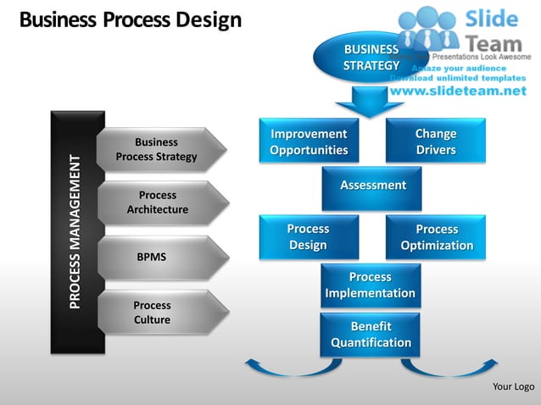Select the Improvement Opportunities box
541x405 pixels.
pos(309,141)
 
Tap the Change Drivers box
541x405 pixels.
pos(435,141)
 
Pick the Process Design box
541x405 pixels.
pos(309,236)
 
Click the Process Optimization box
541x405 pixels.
pos(436,236)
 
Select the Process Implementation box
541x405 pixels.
pos(370,285)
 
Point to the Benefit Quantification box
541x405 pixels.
pos(370,334)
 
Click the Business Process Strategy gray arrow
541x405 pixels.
pos(161,150)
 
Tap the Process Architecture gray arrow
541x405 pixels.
pos(161,202)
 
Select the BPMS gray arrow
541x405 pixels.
pos(161,255)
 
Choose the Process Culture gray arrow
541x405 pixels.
pos(161,312)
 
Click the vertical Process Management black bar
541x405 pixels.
pos(77,231)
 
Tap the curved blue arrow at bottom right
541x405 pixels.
pos(440,368)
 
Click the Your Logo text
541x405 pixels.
pos(513,387)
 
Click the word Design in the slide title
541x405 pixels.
pos(208,19)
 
